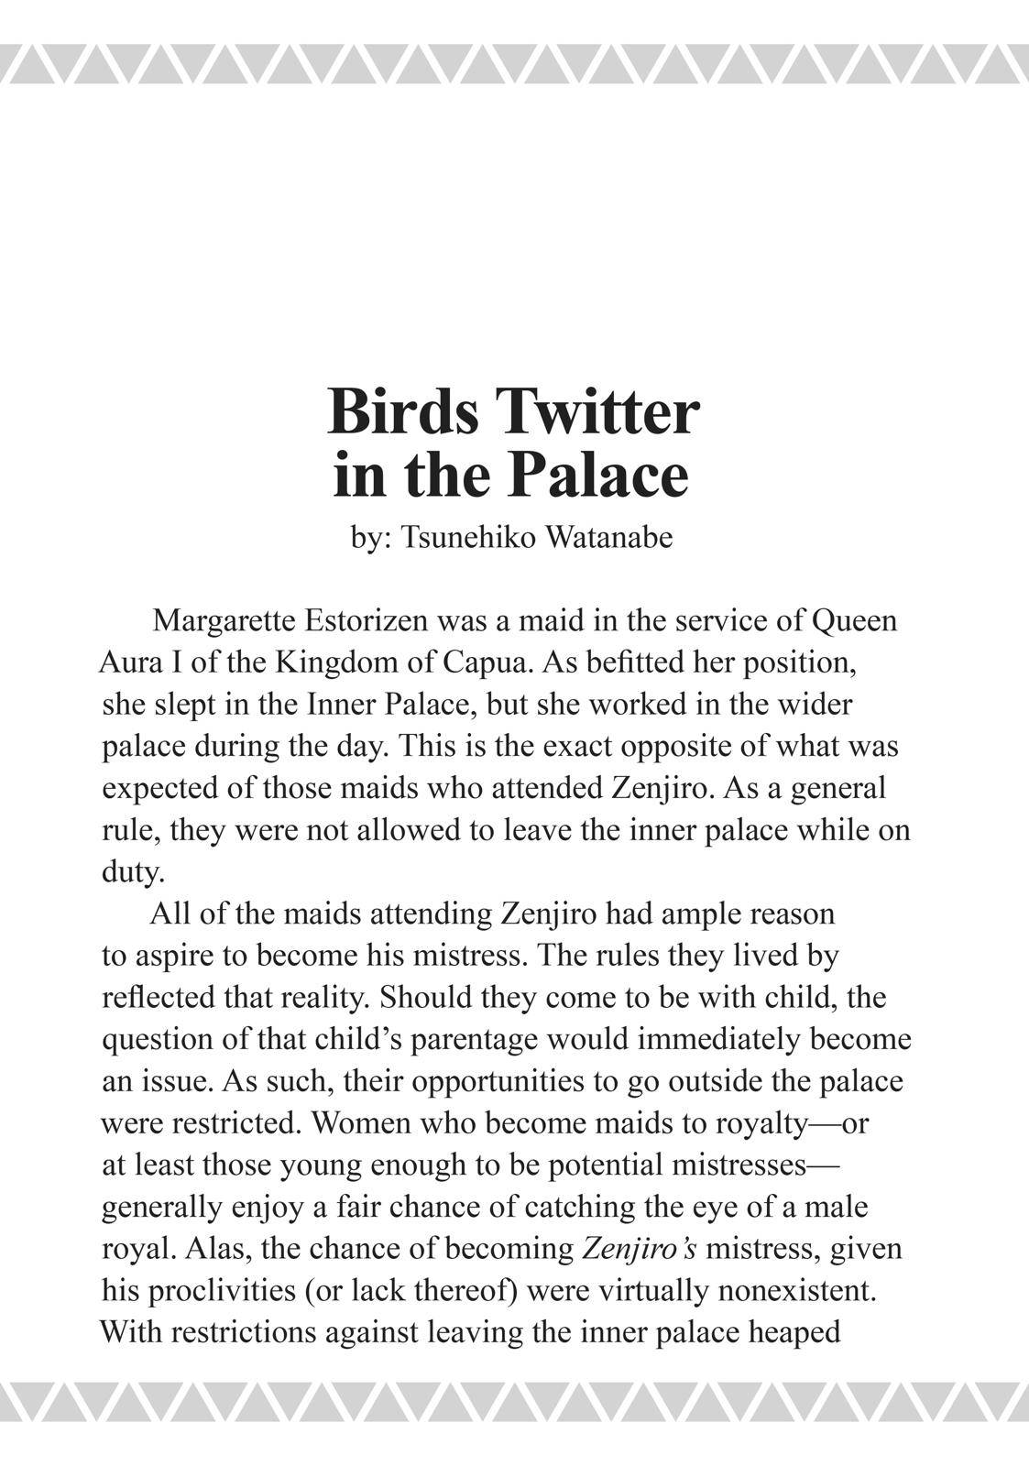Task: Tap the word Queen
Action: [x=854, y=621]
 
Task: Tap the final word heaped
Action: [x=794, y=1332]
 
